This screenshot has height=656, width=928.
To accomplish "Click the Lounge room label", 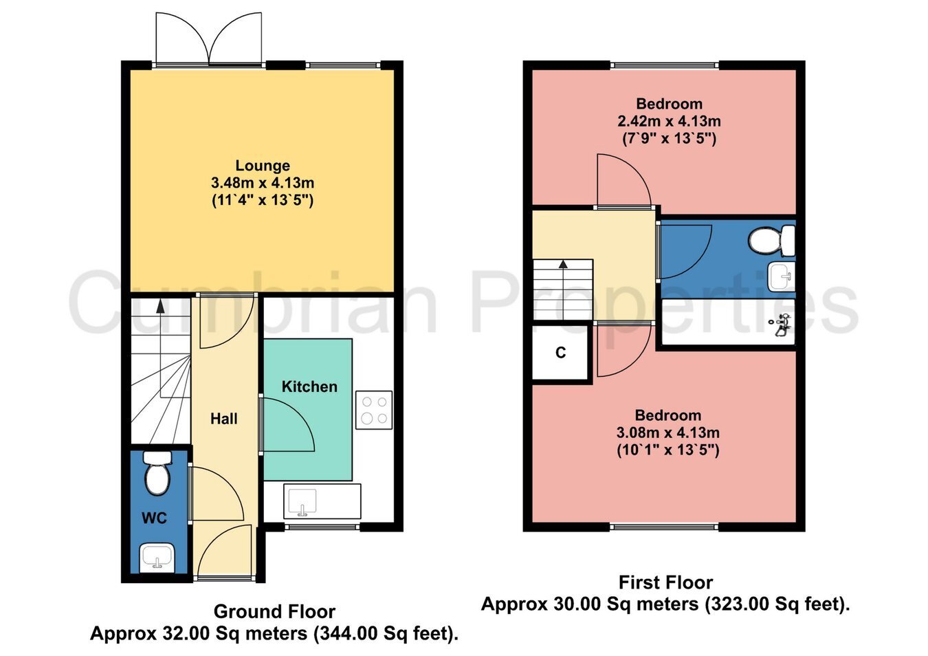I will tap(263, 166).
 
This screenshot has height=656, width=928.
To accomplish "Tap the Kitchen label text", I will tap(309, 386).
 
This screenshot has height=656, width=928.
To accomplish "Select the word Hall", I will tap(224, 419).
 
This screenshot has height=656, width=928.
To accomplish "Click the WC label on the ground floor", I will tap(154, 518).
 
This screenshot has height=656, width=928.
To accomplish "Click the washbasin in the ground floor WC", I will tap(157, 557).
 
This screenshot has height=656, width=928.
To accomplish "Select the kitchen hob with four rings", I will tap(374, 410).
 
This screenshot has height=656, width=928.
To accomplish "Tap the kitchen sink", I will tap(301, 501).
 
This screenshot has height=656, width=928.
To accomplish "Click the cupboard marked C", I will tap(560, 353).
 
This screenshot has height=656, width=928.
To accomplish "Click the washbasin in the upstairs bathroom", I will tap(782, 276).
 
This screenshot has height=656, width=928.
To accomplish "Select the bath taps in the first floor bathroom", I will tap(782, 325).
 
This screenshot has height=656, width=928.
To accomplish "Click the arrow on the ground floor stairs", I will tap(160, 305).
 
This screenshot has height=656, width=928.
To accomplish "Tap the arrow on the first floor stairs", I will tap(564, 263).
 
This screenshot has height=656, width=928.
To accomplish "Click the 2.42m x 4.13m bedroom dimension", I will tap(669, 122).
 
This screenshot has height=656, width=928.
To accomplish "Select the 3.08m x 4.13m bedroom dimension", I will tap(667, 433).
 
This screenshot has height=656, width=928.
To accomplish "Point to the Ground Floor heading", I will tap(274, 611).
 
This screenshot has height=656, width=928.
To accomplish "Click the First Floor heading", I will tap(665, 582).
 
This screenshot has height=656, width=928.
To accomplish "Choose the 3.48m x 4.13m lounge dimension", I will tap(263, 184).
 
